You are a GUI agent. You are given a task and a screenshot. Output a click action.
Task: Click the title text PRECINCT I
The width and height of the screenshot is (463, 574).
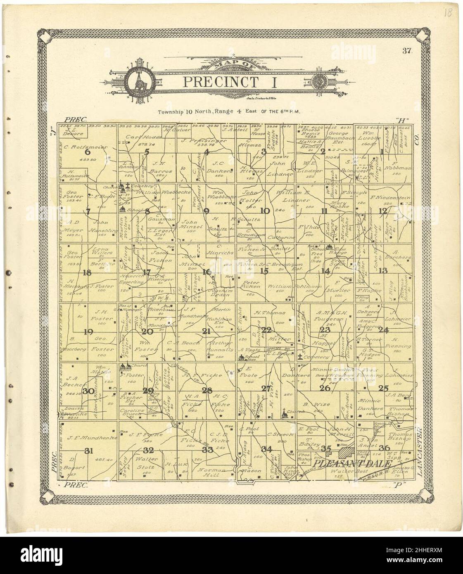[230, 81]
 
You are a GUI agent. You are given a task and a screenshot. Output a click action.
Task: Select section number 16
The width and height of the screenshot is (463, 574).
[207, 271]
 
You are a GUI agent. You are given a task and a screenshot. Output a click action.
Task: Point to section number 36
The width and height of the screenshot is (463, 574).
[385, 448]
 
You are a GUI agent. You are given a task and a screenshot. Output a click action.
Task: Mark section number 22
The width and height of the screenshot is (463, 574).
[267, 330]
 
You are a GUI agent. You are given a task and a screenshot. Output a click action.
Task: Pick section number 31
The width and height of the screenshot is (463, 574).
[88, 451]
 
